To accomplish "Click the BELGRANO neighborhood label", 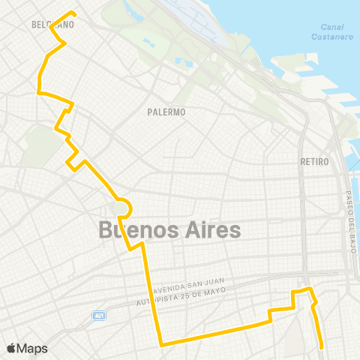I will click(52, 25).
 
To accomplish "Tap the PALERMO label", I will click(166, 112).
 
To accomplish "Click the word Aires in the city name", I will click(211, 230).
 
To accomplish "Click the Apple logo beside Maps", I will click(11, 349).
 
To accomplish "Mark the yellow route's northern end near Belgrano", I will click(72, 12).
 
